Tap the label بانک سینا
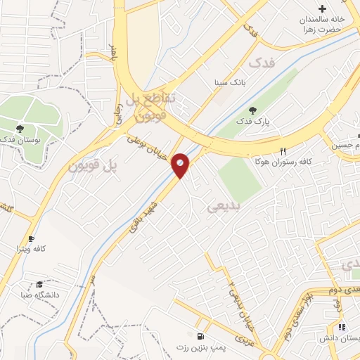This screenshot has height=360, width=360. click(230, 82)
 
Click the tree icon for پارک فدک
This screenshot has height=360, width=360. click(253, 110)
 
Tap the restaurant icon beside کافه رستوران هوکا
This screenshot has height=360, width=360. click(283, 150)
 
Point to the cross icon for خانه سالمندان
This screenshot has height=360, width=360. click(322, 8)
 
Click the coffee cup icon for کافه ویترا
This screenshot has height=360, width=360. click(31, 239)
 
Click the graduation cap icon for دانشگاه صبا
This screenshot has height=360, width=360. click(39, 284)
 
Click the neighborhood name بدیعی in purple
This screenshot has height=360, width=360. click(226, 207)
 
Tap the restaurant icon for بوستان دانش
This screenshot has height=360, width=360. click(342, 327)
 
